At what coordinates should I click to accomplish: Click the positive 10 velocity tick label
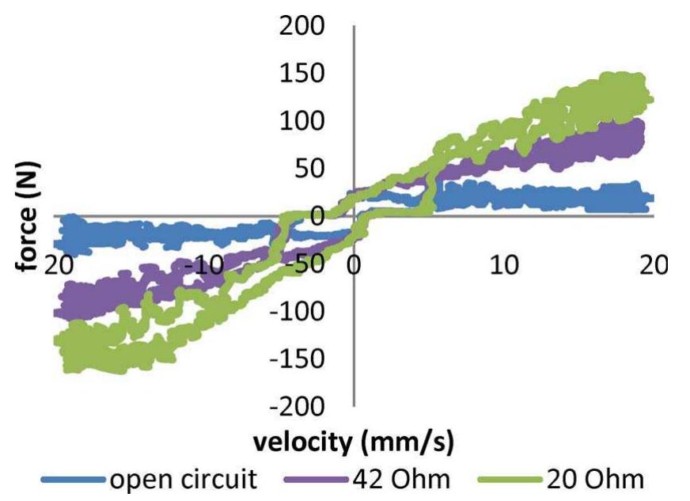tap(504, 263)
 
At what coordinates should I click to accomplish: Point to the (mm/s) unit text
tap(405, 442)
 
